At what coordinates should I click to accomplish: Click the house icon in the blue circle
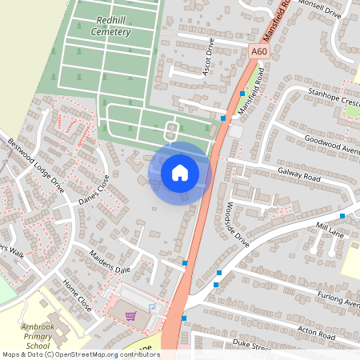(x=180, y=172)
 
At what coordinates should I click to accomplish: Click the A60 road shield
(x=257, y=51)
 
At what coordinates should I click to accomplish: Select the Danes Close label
(x=94, y=190)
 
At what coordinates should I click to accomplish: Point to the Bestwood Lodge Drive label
(x=36, y=165)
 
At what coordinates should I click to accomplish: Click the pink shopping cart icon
(x=131, y=315)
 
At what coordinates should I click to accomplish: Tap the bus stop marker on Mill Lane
(x=342, y=216)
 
